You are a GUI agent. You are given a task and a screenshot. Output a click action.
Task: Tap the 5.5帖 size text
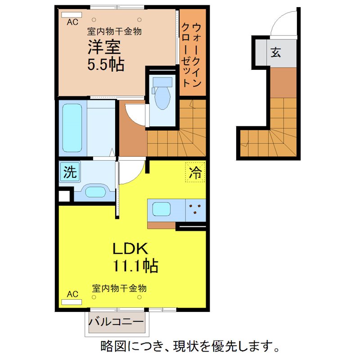(106, 65)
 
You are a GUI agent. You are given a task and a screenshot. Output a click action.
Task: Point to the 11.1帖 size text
(135, 266)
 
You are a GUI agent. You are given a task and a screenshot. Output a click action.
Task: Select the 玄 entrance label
(275, 52)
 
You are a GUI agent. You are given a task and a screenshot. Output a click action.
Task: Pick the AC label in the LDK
(72, 294)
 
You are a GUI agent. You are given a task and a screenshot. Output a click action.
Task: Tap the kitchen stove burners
(195, 208)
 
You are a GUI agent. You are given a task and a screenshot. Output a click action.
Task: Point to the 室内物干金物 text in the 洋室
(114, 31)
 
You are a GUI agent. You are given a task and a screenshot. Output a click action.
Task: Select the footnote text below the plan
(189, 347)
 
